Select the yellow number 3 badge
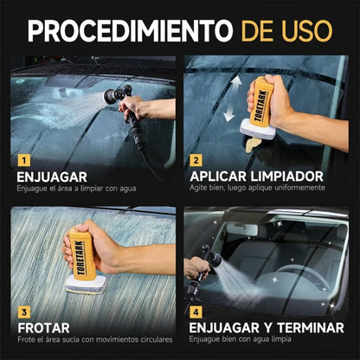coord(23,311)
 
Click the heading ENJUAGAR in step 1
coord(52,177)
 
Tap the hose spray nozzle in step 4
coord(209,259)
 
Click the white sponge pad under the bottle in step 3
coord(85,284)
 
